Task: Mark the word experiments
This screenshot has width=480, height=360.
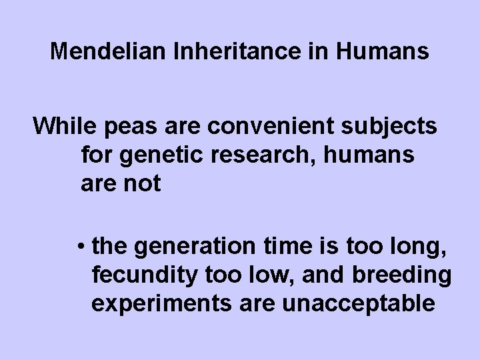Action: (150, 303)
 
